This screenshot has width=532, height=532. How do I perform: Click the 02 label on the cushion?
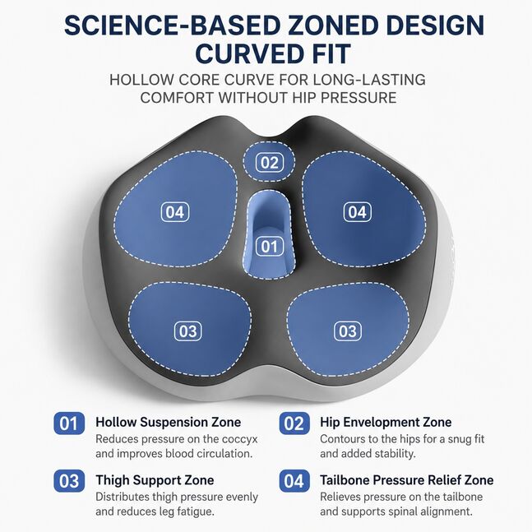269,163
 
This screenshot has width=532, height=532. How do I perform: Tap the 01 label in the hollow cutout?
269,247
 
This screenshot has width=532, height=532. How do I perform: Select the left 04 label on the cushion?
175,212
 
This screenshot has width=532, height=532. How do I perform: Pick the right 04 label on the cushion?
357,212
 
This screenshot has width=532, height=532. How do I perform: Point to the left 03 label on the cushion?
188,331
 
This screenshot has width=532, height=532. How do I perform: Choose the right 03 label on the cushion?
348,331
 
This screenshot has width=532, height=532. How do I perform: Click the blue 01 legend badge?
69,423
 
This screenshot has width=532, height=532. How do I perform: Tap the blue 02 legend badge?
294,423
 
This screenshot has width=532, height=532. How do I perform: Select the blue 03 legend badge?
69,481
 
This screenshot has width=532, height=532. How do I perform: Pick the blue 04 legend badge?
294,481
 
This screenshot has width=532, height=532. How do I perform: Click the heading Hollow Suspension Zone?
169,423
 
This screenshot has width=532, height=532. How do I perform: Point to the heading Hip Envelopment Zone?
386,423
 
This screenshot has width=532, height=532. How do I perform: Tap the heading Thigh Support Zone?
155,480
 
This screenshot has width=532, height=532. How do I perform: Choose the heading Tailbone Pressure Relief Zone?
407,480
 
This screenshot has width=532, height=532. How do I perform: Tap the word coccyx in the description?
239,439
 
